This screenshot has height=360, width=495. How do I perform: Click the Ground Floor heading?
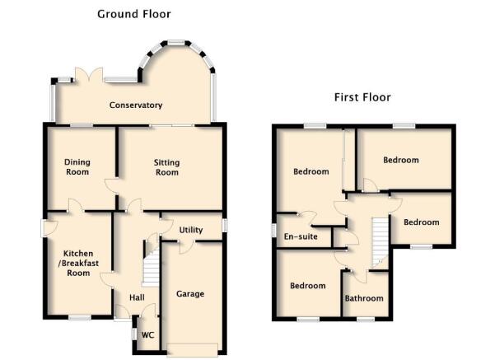tap(134, 14)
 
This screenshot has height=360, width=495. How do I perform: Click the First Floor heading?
tap(362, 97)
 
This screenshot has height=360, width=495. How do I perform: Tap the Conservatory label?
tap(136, 105)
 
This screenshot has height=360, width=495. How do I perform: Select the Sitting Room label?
tap(166, 167)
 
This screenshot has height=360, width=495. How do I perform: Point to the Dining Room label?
tap(77, 167)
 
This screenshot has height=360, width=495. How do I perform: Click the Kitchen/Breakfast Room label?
tap(78, 263)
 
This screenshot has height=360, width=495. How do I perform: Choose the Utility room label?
tap(191, 230)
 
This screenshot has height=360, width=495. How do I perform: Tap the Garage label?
tap(190, 294)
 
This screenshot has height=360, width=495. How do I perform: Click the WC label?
tap(147, 335)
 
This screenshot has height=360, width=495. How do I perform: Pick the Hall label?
tap(137, 297)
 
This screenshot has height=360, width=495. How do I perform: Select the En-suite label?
tap(301, 236)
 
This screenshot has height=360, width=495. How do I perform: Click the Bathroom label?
tap(364, 298)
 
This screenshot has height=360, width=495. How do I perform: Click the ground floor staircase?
tap(151, 267)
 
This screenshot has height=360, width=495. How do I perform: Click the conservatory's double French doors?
tap(89, 75)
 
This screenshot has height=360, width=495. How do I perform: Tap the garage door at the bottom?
tap(192, 350)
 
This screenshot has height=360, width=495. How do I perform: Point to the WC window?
tap(134, 334)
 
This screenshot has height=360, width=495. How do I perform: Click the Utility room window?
tap(225, 226)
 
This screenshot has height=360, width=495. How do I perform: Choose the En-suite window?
tap(274, 230)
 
